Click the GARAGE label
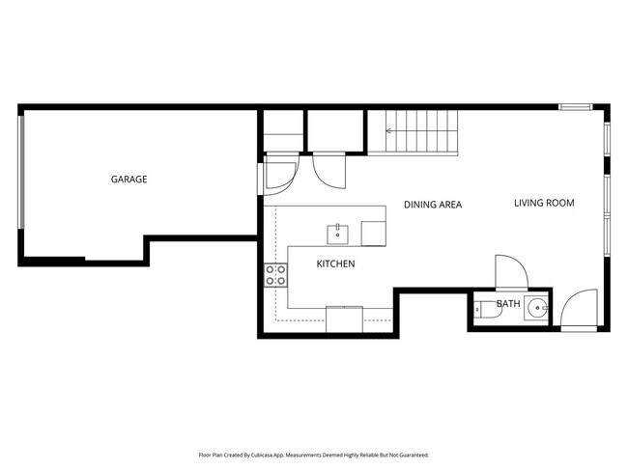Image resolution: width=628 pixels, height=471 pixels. tap(128, 179)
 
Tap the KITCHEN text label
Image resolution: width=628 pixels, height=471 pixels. tap(335, 263)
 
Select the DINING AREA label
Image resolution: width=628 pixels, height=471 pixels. tap(432, 205)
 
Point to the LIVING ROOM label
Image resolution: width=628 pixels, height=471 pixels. tap(544, 203)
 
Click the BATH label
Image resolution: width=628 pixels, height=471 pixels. tap(507, 304)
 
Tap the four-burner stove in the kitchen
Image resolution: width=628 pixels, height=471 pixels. tap(275, 275)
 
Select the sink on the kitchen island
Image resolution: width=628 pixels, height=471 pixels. tap(339, 232)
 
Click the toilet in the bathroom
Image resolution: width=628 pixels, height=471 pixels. tap(480, 310)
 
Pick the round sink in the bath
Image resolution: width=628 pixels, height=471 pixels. tap(536, 310)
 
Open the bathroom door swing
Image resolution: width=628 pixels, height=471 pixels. tap(508, 272)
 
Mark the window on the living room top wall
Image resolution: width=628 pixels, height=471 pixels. tap(576, 106)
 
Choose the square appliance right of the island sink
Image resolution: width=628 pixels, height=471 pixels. tap(374, 233)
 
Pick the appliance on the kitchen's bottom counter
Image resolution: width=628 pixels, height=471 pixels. tap(343, 319)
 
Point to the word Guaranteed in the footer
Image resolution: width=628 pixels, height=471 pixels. tap(411, 455)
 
